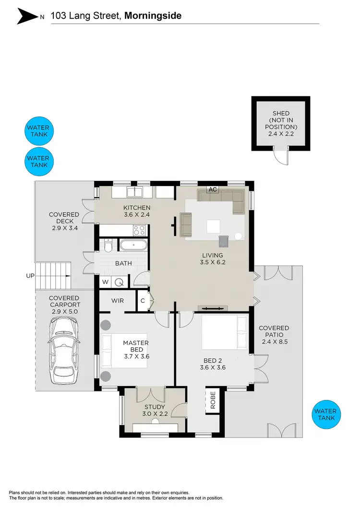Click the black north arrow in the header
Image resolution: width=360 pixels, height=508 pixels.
coord(27,16)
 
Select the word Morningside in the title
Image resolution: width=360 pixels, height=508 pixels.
coord(153,16)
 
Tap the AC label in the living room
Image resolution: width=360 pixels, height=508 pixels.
coord(213,189)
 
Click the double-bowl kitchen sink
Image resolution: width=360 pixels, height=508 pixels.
coord(134,192)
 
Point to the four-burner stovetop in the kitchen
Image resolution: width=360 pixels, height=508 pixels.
coord(140,230)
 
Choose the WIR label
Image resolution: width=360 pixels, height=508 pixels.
coord(118,301)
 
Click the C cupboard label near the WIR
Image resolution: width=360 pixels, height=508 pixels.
coord(143,301)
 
